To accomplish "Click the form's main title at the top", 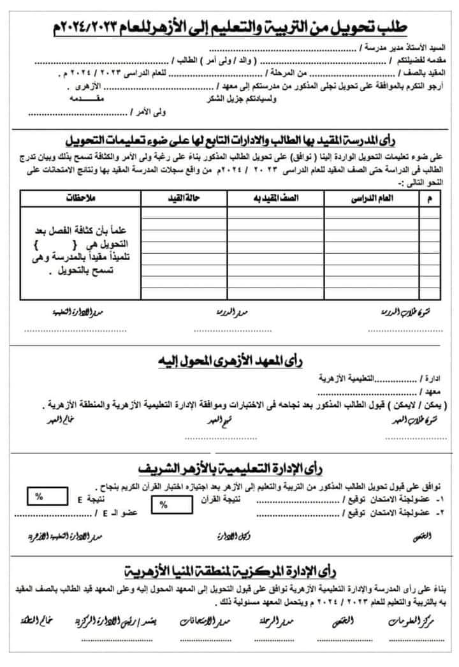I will [x=229, y=27].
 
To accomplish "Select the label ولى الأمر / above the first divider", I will [x=150, y=112].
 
